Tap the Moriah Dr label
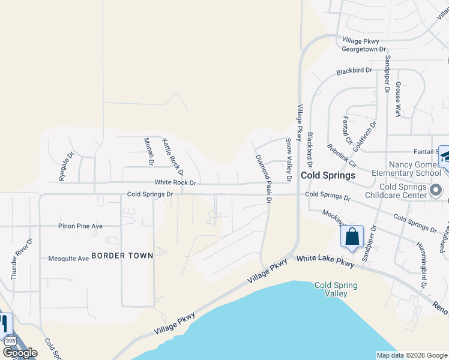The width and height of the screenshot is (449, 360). (x=149, y=152)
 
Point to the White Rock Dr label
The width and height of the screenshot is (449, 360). (x=175, y=182)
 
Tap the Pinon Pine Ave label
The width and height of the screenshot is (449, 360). (x=80, y=226)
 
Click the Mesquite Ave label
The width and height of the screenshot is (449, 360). (x=68, y=259)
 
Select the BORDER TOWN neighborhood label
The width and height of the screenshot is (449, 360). (x=122, y=256)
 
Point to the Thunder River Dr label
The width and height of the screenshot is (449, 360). (x=14, y=258)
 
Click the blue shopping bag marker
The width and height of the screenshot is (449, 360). (x=352, y=237)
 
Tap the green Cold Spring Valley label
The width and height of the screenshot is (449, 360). (x=336, y=289)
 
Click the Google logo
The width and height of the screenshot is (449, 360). (x=20, y=353)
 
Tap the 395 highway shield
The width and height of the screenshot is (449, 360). (x=10, y=341)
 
